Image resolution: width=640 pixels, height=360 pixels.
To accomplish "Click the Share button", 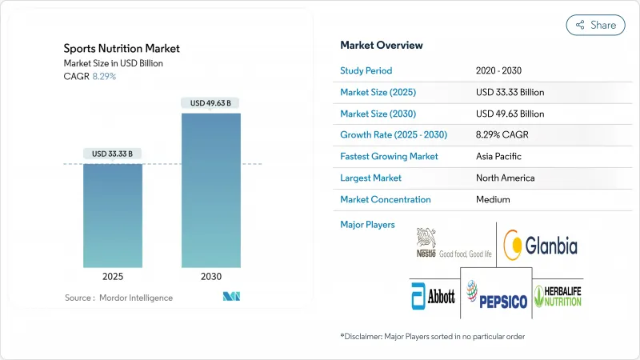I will (595, 25).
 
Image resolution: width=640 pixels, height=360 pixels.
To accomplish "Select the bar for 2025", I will (113, 215).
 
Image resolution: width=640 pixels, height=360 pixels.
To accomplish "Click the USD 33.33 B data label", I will (113, 154).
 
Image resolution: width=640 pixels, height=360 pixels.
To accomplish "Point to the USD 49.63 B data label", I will (211, 102).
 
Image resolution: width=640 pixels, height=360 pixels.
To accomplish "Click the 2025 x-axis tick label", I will (113, 275).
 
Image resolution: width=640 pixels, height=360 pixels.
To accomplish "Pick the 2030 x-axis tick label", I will (211, 275).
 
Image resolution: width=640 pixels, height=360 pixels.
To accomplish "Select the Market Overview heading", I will (382, 45).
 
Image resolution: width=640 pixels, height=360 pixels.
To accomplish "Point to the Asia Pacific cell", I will (500, 156).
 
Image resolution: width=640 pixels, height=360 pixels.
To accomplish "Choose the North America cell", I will (505, 178).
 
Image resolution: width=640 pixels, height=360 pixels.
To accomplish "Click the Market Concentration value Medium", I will (492, 199).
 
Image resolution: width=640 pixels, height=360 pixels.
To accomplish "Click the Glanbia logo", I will (540, 245).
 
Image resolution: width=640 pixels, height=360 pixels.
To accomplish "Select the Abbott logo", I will (433, 296).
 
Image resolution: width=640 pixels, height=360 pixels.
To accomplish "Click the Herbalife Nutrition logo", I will (558, 296).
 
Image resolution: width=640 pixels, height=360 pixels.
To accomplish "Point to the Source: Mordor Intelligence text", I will (119, 298).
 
